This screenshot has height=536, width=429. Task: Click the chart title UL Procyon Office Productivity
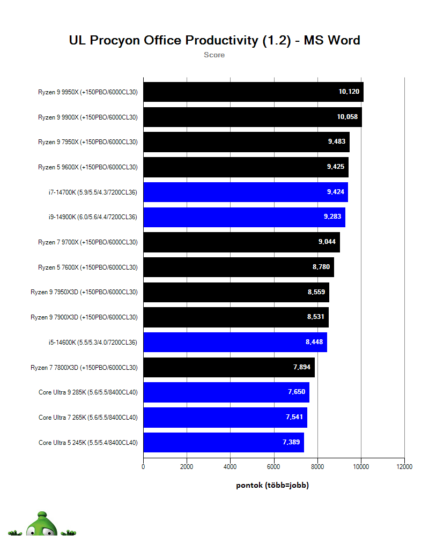214,40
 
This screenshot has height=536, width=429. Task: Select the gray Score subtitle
214,55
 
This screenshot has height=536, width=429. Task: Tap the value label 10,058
347,117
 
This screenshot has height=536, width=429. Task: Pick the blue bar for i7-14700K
246,192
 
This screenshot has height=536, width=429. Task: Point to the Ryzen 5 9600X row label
87,167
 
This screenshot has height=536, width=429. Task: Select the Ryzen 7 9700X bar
241,242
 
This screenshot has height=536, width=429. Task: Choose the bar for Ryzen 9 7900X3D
236,317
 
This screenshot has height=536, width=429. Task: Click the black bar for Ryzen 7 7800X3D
229,367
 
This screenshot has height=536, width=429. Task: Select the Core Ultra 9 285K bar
226,392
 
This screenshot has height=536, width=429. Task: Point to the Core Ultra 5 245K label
88,443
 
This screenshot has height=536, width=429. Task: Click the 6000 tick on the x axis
273,467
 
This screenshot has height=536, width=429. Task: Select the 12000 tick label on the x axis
404,467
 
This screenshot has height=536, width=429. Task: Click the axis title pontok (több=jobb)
272,486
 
